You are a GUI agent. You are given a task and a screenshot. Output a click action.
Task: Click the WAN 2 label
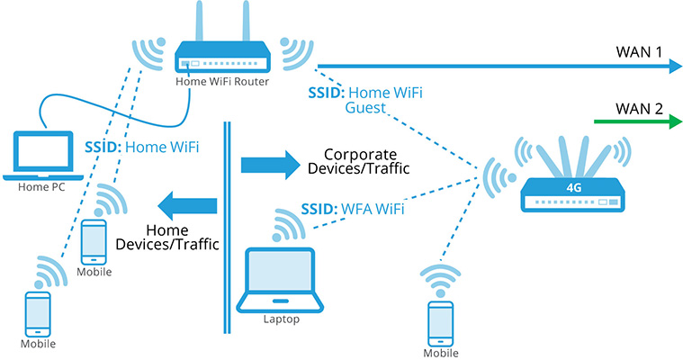(x=639, y=108)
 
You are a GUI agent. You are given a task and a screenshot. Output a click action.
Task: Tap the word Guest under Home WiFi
(x=365, y=108)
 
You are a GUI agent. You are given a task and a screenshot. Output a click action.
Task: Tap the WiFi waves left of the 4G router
(x=494, y=176)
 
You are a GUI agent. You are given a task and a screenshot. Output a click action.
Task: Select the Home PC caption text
(x=41, y=188)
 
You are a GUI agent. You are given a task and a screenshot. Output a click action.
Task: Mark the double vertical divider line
(x=225, y=225)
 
